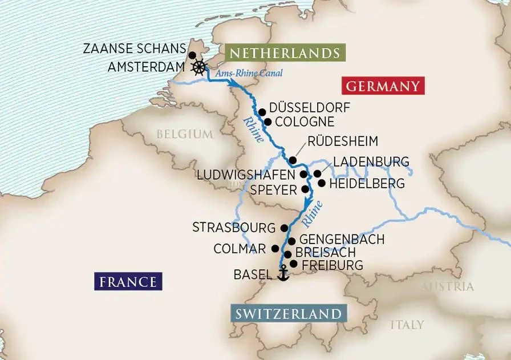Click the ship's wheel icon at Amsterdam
pyautogui.click(x=198, y=67)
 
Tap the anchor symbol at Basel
pyautogui.click(x=282, y=274)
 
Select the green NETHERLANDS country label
pyautogui.click(x=286, y=54)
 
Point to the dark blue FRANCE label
pyautogui.click(x=127, y=281)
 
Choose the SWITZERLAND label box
pyautogui.click(x=289, y=314)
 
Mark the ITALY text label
pyautogui.click(x=407, y=325)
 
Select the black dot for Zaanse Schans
pyautogui.click(x=192, y=55)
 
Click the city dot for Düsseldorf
pyautogui.click(x=262, y=112)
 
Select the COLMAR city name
pyautogui.click(x=240, y=249)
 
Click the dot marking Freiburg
pyautogui.click(x=293, y=264)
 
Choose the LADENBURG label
pyautogui.click(x=371, y=162)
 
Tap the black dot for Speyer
pyautogui.click(x=305, y=189)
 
